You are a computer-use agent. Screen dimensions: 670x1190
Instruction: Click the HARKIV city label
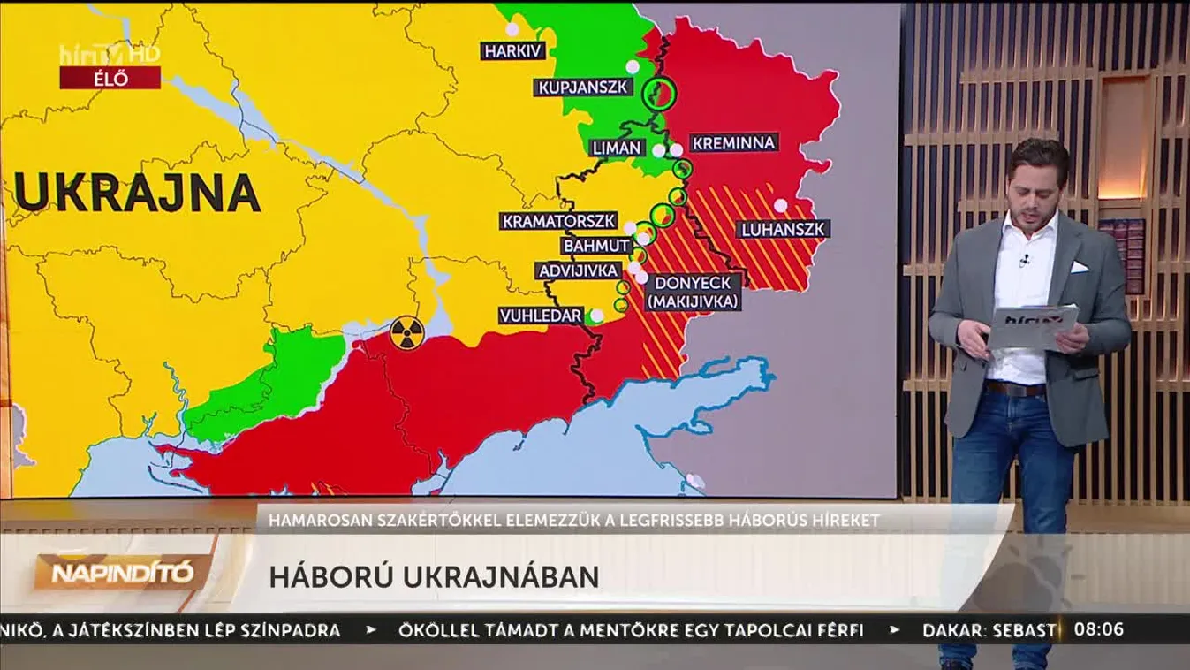point(514,50)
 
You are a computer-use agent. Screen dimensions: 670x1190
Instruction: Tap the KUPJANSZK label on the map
point(584,87)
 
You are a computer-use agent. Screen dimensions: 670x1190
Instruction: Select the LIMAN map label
point(618,148)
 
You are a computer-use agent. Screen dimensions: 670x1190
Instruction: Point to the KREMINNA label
point(733,142)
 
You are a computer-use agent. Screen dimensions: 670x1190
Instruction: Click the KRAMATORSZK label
point(559,220)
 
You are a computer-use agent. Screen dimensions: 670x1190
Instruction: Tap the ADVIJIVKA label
point(579,270)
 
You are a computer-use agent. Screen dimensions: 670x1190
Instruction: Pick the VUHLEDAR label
point(541,316)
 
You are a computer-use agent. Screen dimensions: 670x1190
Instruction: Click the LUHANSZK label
point(783,230)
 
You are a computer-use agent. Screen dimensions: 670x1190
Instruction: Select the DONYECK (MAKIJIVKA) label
point(694,293)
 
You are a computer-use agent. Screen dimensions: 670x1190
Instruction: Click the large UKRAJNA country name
point(137,193)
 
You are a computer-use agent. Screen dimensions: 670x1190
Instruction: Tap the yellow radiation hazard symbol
point(407,333)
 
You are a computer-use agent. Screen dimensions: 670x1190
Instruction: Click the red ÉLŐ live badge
point(110,78)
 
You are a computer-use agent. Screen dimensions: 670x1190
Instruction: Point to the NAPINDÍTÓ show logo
point(122,573)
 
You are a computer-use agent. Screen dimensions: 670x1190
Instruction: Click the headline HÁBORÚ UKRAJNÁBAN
point(434,576)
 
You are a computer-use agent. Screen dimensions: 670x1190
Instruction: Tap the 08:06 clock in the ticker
point(1099,630)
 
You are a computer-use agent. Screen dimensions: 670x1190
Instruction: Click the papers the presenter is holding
point(1032,326)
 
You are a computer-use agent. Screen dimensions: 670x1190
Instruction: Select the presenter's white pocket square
point(1078,266)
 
